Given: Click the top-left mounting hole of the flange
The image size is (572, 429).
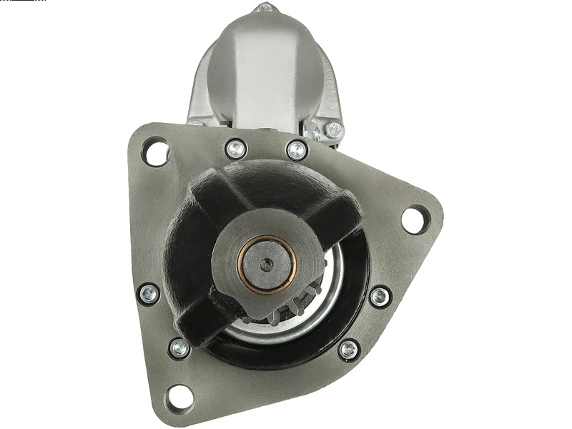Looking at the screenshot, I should (156, 152).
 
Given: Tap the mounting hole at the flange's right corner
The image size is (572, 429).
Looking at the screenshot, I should (415, 218).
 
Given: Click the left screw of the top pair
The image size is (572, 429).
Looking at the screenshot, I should (235, 149).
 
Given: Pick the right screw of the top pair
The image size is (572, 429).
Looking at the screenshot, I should (297, 150).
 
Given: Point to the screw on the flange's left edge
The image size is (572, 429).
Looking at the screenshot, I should (149, 292).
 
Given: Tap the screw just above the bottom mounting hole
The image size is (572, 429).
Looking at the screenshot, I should (179, 348).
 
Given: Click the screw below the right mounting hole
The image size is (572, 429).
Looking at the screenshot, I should (380, 296).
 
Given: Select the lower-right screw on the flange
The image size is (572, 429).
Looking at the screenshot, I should (348, 349).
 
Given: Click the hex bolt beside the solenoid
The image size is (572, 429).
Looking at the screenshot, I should (334, 130).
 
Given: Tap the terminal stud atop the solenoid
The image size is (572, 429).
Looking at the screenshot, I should (264, 9).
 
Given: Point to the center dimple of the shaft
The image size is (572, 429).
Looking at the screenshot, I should (267, 265).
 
